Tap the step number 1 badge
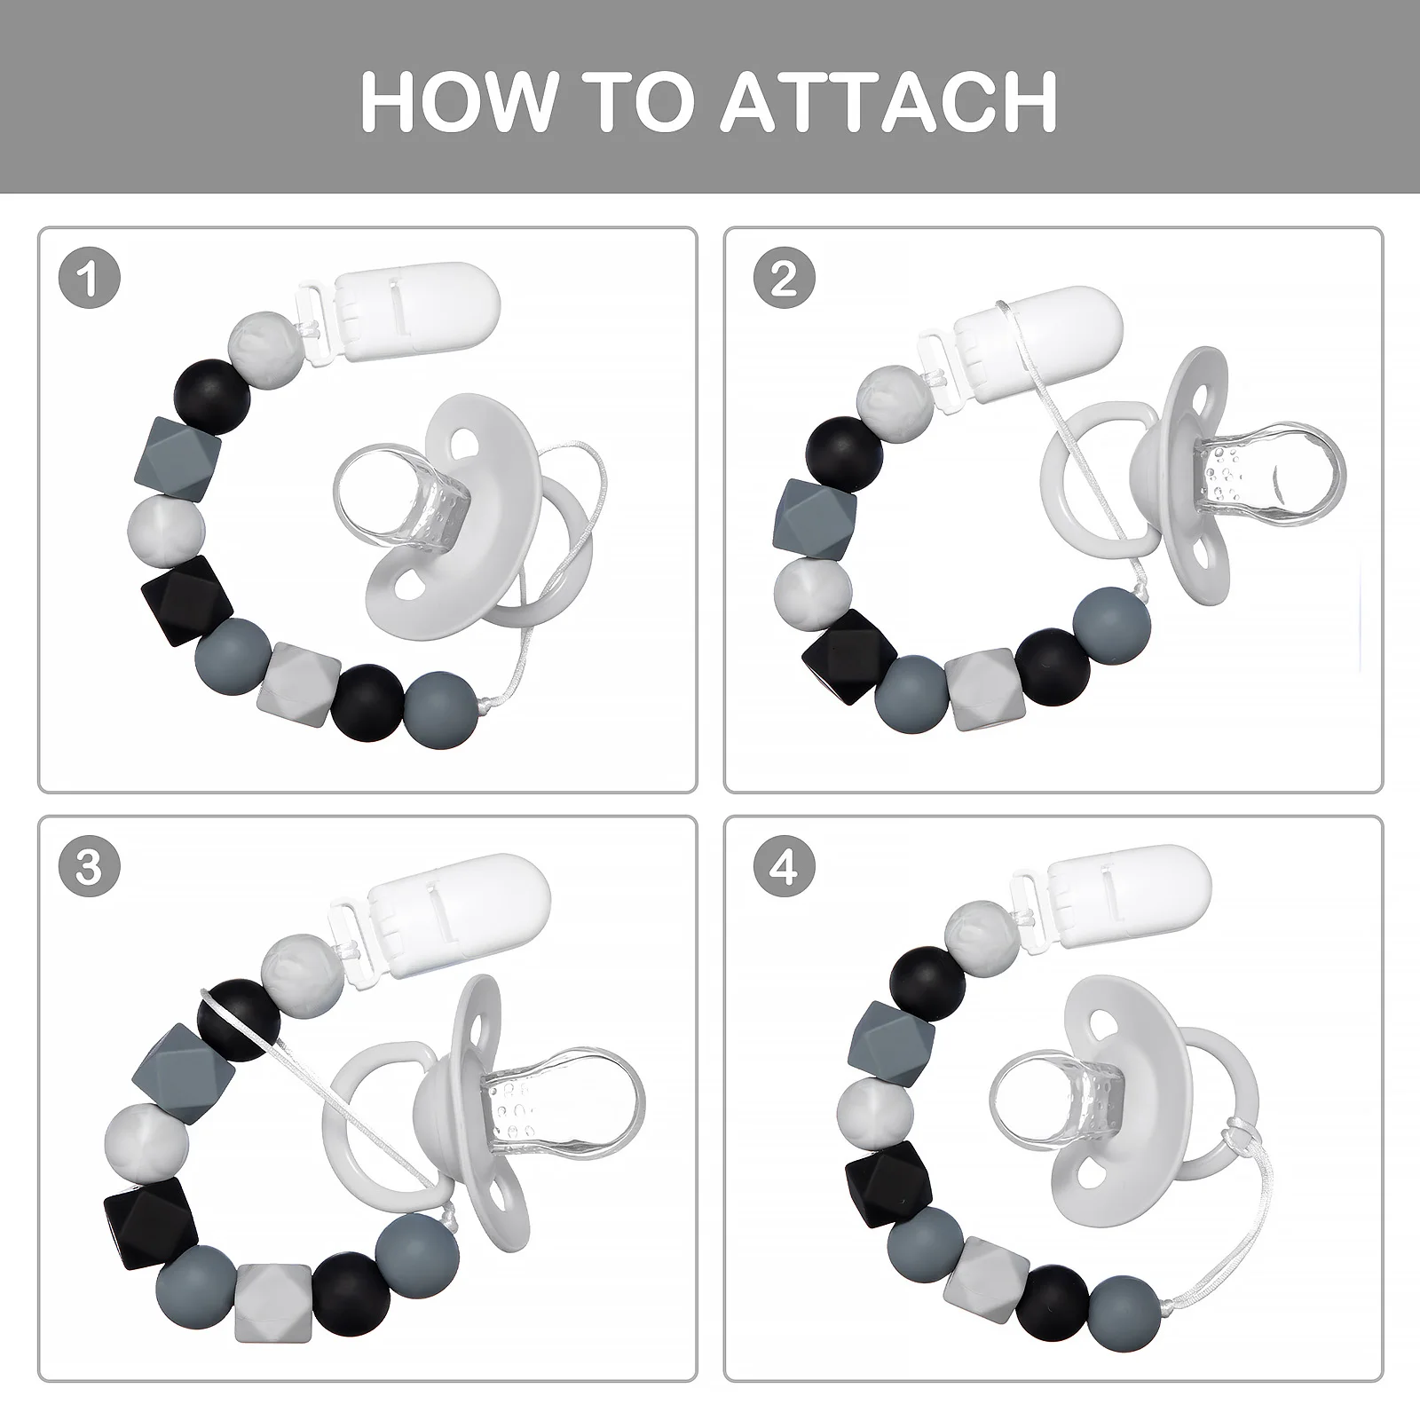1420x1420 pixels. point(89,280)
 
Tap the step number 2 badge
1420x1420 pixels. point(784,280)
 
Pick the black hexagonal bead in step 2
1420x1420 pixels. point(846,657)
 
